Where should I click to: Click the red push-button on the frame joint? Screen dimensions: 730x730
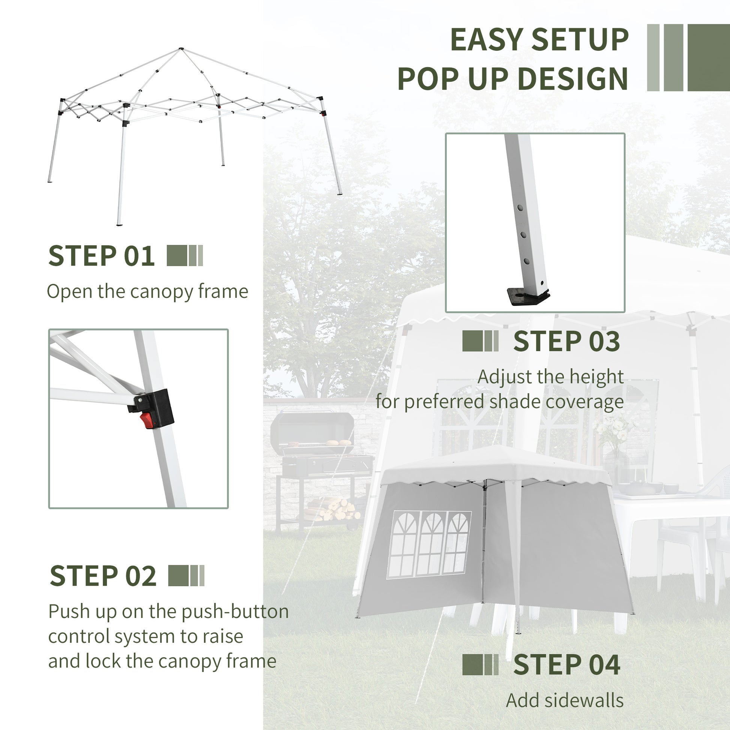point(148,420)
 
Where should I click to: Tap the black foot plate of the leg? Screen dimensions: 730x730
point(527,296)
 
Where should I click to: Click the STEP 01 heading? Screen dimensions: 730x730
point(101,256)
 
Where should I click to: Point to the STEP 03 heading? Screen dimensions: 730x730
point(566,341)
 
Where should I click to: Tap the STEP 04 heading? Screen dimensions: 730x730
point(566,665)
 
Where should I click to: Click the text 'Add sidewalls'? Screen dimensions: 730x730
point(565,700)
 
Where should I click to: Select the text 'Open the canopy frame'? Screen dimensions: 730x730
point(147,292)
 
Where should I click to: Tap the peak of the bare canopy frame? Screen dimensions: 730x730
point(181,49)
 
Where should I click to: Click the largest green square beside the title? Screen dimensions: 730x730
point(709,57)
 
